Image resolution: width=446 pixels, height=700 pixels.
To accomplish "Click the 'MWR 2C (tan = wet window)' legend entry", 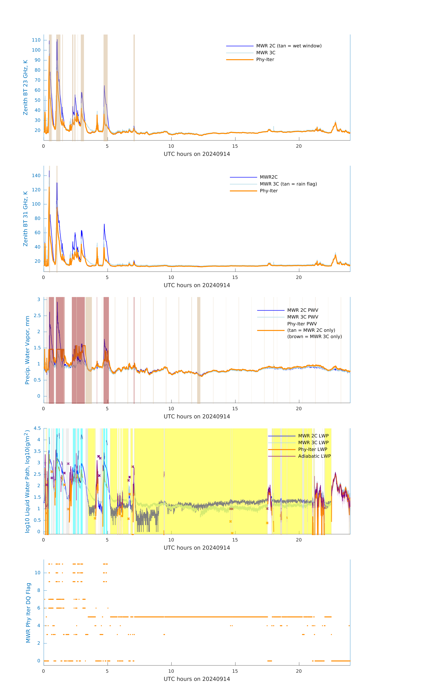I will click(288, 46).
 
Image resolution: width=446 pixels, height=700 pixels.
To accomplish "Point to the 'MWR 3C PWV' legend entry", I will click(302, 317).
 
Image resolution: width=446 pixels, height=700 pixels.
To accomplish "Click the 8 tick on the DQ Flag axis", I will click(39, 590).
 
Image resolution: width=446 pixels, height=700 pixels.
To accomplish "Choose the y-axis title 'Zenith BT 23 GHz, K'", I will click(26, 87).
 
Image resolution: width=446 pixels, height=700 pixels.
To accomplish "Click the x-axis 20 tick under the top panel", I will click(299, 146).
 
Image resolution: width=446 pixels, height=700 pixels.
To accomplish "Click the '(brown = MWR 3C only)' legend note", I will click(314, 337).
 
